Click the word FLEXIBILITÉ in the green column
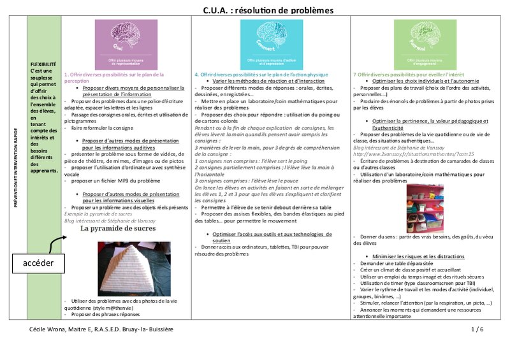tap(43, 64)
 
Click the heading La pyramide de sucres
tap(128, 227)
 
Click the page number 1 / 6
tap(477, 329)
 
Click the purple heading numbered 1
tap(114, 78)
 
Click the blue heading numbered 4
tap(266, 75)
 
